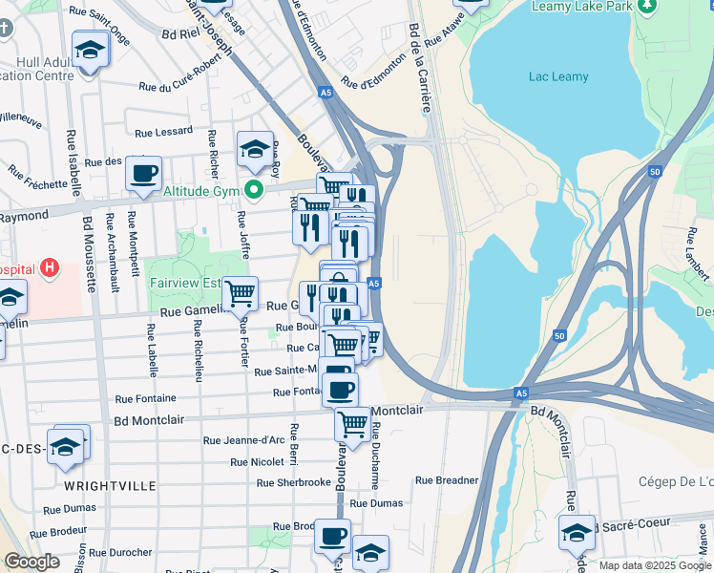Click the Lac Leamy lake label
[559, 75]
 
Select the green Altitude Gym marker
[254, 190]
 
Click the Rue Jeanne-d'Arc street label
[243, 440]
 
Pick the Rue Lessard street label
[163, 134]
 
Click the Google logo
[31, 562]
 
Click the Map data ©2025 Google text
[655, 565]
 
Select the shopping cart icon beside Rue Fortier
[240, 293]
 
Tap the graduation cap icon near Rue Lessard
[255, 148]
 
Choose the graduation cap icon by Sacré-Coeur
[577, 532]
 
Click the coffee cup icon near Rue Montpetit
[143, 173]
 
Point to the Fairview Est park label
[185, 283]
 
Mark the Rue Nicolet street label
[258, 462]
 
